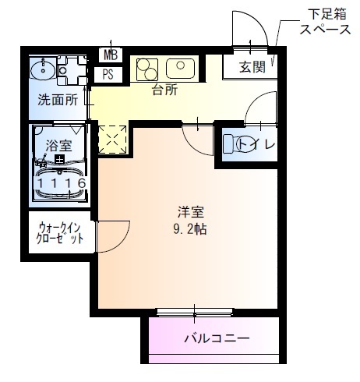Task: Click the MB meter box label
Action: click(110, 55)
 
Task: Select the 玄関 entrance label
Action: click(252, 67)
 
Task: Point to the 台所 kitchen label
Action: click(164, 90)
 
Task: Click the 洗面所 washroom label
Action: click(58, 100)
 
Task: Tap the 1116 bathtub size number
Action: click(61, 183)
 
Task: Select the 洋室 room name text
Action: click(190, 211)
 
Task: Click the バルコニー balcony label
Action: click(217, 339)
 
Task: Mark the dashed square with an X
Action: click(111, 140)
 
